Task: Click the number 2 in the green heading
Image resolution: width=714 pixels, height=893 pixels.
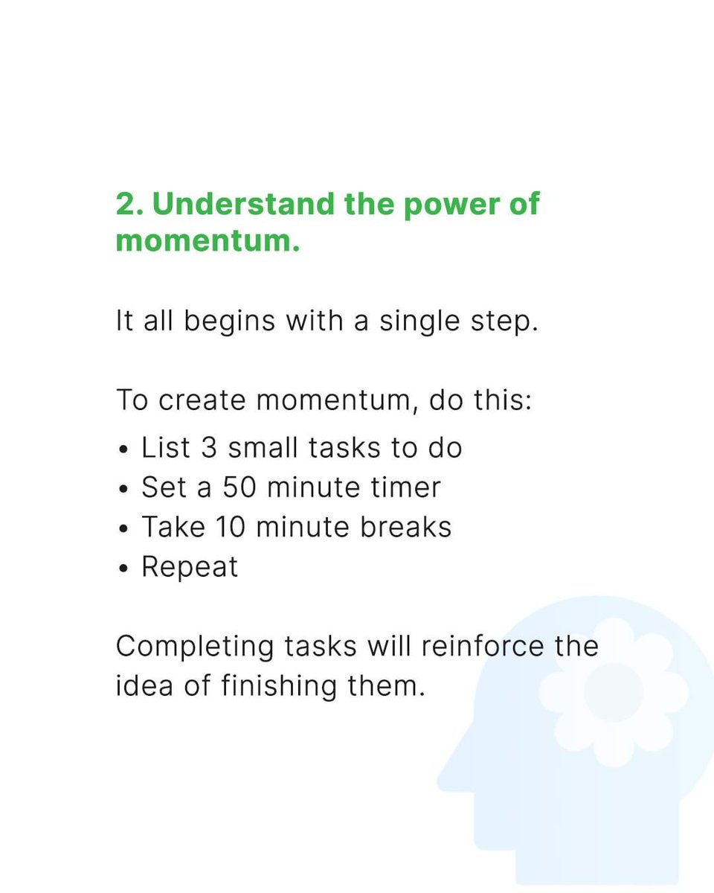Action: tap(126, 205)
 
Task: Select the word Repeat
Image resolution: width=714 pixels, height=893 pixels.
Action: tap(190, 568)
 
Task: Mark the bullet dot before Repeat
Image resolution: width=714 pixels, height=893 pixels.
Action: tap(123, 569)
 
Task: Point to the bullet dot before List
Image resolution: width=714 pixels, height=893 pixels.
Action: tap(123, 450)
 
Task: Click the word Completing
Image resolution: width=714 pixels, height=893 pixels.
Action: tap(195, 647)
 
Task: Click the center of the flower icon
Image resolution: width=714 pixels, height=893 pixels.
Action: tap(614, 692)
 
